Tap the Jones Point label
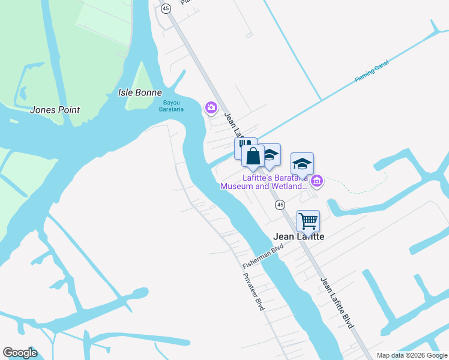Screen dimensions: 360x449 (x=55, y=110)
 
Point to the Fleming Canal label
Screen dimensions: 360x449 (x=372, y=71)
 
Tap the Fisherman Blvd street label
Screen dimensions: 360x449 (x=262, y=256)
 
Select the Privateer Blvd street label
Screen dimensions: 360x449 (x=253, y=292)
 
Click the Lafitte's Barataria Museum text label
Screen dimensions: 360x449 (x=264, y=182)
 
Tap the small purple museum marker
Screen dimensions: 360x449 (x=317, y=180)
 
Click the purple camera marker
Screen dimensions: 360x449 (x=211, y=107)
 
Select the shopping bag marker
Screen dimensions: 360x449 (x=253, y=157)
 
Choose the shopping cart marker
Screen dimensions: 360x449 (x=308, y=220)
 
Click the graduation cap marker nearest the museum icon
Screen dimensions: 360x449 (x=302, y=163)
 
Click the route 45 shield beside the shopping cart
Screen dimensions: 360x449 (x=280, y=205)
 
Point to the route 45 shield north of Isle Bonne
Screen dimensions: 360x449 (x=166, y=8)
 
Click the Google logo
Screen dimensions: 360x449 (x=20, y=353)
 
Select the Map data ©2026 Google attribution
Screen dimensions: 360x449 (x=411, y=355)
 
